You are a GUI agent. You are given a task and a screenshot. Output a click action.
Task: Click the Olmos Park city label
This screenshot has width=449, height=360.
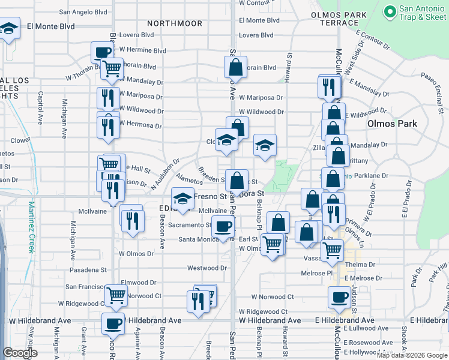point(392,124)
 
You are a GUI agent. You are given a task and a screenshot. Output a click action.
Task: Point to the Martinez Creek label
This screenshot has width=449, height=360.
point(31,227)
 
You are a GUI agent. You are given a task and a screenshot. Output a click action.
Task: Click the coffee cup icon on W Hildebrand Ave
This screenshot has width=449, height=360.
point(113,325)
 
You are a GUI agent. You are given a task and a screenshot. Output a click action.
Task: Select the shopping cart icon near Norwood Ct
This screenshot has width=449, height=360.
point(116,295)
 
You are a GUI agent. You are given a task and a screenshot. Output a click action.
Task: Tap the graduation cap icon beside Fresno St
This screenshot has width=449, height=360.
point(183,197)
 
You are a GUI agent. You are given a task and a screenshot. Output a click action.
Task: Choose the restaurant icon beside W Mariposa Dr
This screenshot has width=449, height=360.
point(108,97)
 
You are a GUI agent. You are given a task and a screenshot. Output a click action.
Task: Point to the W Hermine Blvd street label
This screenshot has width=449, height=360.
point(143,50)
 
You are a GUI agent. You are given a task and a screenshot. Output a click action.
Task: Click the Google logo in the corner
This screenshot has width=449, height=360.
point(20,353)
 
